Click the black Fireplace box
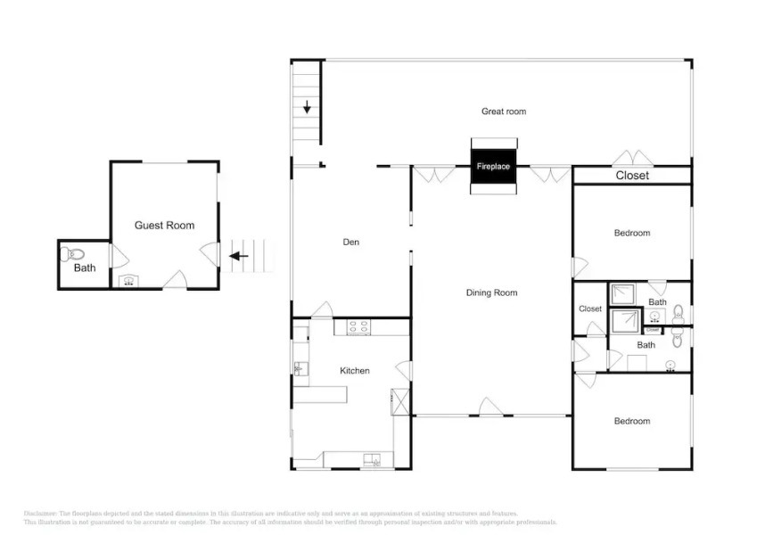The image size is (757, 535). click(493, 167)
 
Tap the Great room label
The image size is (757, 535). click(504, 111)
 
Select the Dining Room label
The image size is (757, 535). click(491, 292)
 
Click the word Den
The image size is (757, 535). click(351, 242)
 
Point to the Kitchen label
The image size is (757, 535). click(354, 370)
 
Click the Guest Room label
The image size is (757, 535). click(164, 226)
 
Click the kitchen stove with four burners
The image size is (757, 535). click(358, 328)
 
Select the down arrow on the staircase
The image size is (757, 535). click(308, 108)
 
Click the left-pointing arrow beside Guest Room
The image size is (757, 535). click(238, 257)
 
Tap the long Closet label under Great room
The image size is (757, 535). click(632, 176)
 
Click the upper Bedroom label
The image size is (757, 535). click(632, 233)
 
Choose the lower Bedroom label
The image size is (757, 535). click(632, 421)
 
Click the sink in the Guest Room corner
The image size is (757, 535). click(128, 281)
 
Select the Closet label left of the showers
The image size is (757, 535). click(590, 309)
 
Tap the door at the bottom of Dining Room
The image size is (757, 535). click(491, 407)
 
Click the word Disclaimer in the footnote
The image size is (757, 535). click(40, 514)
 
